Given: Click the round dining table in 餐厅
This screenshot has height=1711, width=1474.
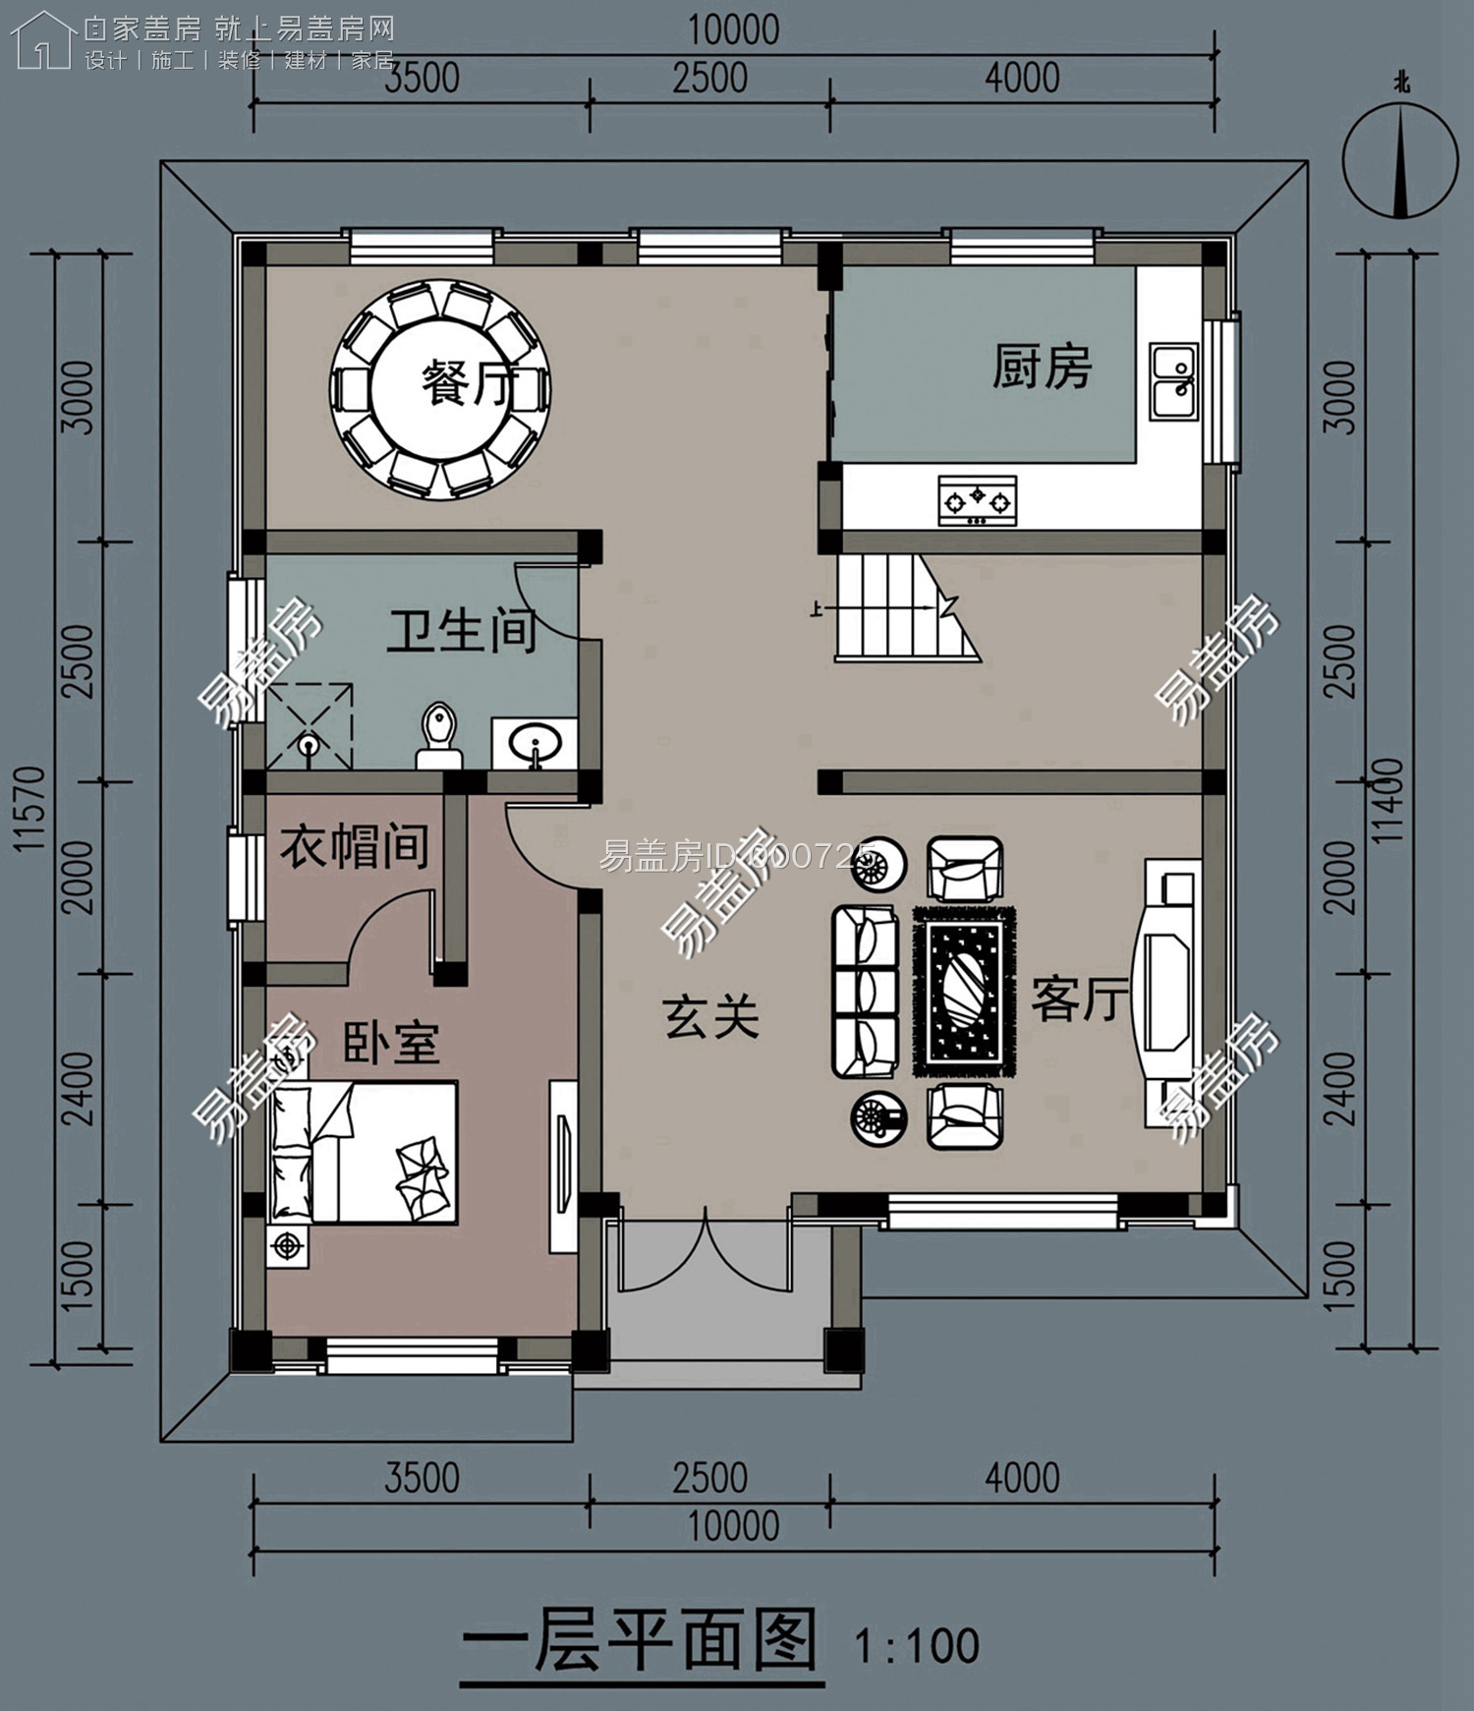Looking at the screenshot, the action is click(439, 389).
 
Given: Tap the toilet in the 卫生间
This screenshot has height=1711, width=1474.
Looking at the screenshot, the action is click(437, 736).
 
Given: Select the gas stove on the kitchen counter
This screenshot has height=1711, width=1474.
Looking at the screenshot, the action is click(977, 500).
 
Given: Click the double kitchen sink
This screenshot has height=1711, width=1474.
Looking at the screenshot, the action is click(1173, 381).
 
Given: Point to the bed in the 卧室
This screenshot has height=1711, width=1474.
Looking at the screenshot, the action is click(364, 1152).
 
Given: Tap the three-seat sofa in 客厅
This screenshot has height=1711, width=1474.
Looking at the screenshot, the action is click(866, 992).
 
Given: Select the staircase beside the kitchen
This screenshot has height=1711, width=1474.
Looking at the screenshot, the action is click(908, 606).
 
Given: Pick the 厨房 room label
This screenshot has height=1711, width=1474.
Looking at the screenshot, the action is click(1042, 368).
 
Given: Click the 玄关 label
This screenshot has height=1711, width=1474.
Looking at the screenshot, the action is click(711, 1016).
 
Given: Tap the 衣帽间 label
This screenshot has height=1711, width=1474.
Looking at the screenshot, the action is click(354, 845).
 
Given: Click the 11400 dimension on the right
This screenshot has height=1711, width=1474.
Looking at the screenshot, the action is click(1389, 801).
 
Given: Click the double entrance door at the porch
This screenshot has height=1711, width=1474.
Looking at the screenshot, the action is click(706, 1254).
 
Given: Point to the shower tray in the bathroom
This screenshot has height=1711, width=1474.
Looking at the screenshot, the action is click(310, 725).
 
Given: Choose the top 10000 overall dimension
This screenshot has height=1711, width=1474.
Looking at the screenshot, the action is click(733, 30).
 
